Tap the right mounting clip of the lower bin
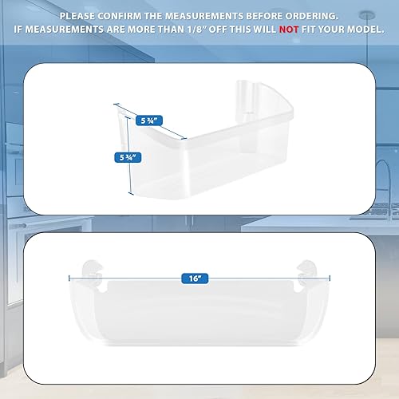(306, 268)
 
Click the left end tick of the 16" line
(71, 279)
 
